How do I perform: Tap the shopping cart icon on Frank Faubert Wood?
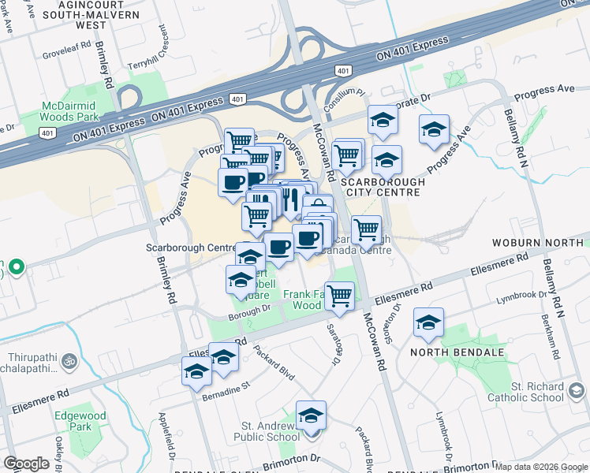point(339,296)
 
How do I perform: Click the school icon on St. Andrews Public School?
point(312,415)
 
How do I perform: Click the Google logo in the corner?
point(26,464)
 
